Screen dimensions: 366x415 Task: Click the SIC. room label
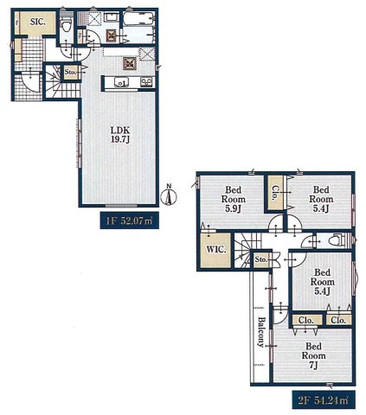(x=38, y=22)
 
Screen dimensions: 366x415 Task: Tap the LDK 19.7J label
(x=120, y=135)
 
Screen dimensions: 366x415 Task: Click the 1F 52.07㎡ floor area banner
(x=129, y=220)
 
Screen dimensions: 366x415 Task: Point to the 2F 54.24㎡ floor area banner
(x=323, y=400)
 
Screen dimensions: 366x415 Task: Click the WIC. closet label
(x=215, y=250)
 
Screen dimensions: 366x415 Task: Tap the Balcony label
(x=261, y=332)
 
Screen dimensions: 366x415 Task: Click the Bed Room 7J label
(x=314, y=355)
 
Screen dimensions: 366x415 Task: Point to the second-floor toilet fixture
(x=337, y=239)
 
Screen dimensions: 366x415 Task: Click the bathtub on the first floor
(x=139, y=20)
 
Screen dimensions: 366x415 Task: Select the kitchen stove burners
(x=146, y=82)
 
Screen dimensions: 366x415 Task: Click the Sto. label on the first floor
(x=70, y=72)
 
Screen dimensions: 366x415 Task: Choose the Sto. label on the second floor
(x=260, y=259)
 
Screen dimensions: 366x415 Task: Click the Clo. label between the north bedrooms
(x=274, y=192)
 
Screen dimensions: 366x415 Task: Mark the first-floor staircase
(x=62, y=81)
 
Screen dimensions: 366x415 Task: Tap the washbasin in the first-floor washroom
(x=111, y=17)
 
